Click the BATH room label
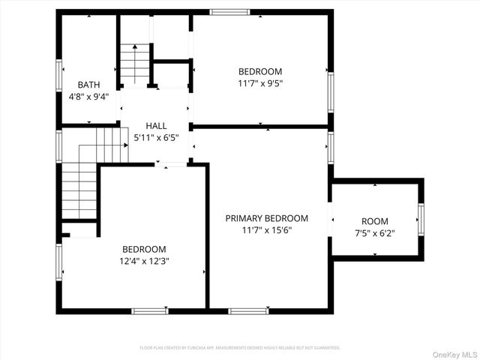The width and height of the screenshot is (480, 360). pyautogui.click(x=89, y=85)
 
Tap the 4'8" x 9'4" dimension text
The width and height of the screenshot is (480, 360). pyautogui.click(x=89, y=96)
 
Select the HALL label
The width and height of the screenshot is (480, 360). pyautogui.click(x=156, y=126)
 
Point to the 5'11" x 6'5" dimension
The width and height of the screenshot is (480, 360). pyautogui.click(x=156, y=137)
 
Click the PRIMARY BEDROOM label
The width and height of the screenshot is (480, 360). pyautogui.click(x=267, y=218)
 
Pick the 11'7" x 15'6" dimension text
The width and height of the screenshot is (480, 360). pyautogui.click(x=267, y=230)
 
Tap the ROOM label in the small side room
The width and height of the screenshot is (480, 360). pyautogui.click(x=375, y=221)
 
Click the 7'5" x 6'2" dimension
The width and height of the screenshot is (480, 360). pyautogui.click(x=375, y=233)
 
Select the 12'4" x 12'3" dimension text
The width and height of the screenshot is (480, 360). pyautogui.click(x=145, y=261)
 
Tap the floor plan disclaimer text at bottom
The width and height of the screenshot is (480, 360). pyautogui.click(x=240, y=348)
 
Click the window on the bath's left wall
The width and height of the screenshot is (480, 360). pyautogui.click(x=59, y=75)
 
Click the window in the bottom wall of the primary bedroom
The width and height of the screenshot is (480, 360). pyautogui.click(x=248, y=310)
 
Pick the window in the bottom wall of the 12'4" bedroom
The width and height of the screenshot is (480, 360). pyautogui.click(x=149, y=310)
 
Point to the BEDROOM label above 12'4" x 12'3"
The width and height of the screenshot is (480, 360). pyautogui.click(x=145, y=249)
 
